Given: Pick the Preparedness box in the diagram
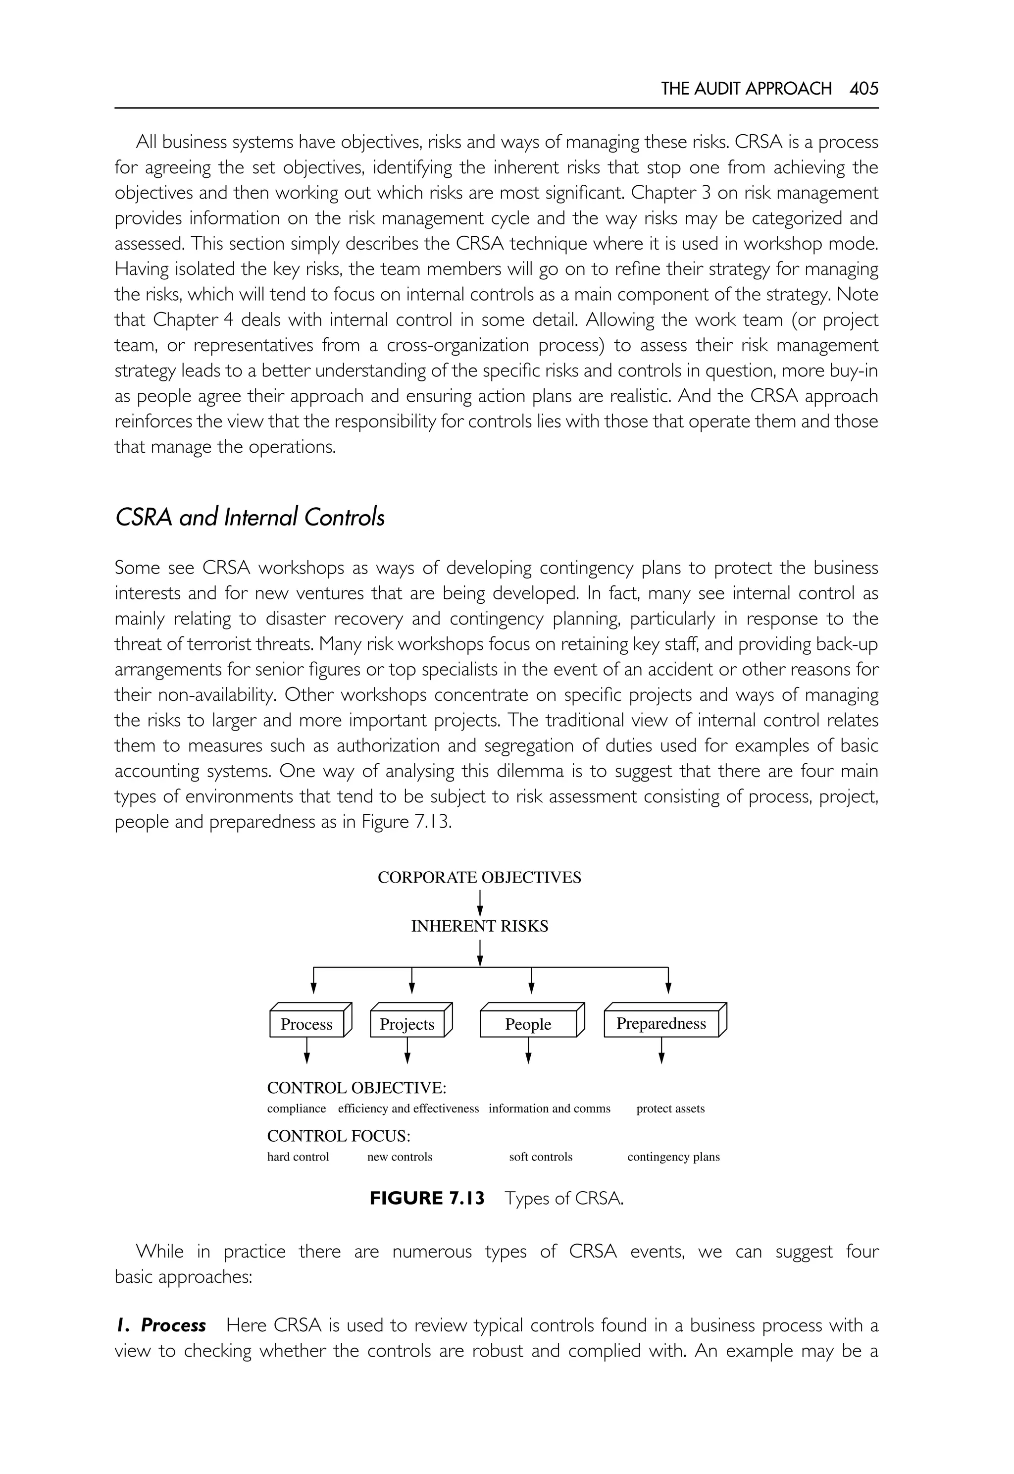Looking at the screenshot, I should [x=661, y=1023].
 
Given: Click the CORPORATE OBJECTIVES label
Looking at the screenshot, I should [x=479, y=877].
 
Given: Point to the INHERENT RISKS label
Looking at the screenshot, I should [x=479, y=926].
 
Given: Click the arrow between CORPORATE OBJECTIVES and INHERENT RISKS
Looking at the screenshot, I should [x=480, y=902].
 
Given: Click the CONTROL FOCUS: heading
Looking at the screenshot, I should [x=338, y=1136].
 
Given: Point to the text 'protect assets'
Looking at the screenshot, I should [x=670, y=1108].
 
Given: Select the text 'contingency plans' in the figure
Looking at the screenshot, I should [x=673, y=1157].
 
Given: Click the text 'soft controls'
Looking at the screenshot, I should [x=540, y=1157].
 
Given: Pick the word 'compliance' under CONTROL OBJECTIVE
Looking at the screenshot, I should [x=296, y=1108].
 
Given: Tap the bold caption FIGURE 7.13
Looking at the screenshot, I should [x=427, y=1198].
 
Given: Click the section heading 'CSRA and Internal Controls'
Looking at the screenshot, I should [x=250, y=518].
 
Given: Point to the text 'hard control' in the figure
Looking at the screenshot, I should [x=298, y=1157].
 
